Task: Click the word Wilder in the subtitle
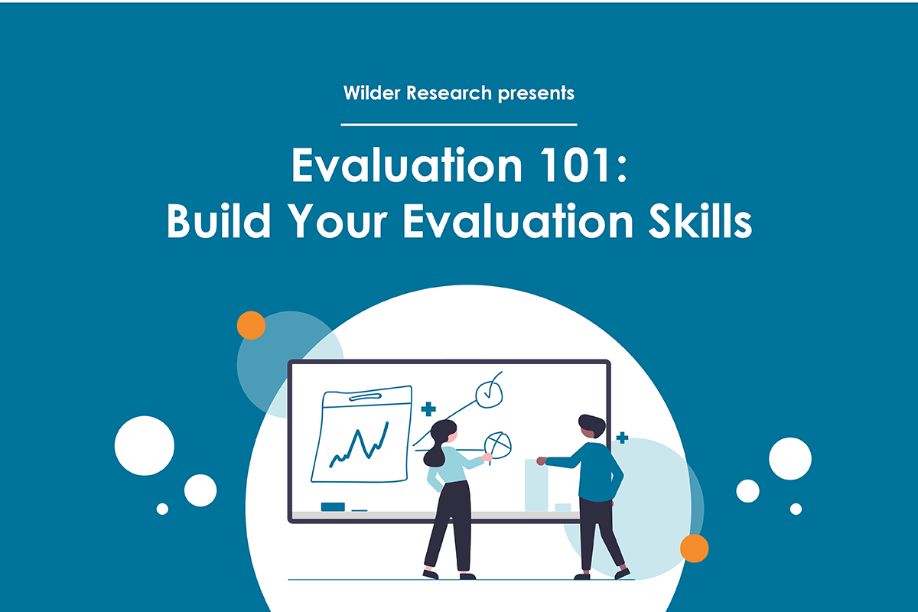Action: click(x=372, y=93)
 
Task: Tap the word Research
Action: click(x=449, y=93)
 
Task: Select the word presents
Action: click(x=536, y=93)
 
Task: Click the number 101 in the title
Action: click(x=575, y=165)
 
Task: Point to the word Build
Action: click(x=219, y=220)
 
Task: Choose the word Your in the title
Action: click(x=337, y=220)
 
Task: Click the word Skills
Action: click(x=701, y=220)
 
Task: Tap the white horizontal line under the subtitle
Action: click(x=459, y=124)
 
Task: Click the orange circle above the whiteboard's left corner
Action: click(x=251, y=325)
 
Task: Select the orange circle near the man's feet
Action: click(x=695, y=549)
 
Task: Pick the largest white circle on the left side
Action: click(x=145, y=445)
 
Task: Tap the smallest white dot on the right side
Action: click(x=796, y=509)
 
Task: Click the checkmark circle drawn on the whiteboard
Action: click(x=490, y=393)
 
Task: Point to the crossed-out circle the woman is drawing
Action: click(x=497, y=445)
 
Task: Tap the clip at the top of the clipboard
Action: click(x=365, y=396)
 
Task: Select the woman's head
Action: click(x=444, y=432)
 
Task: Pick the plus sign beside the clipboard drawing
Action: click(x=428, y=409)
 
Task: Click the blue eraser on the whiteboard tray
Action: click(x=333, y=507)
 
